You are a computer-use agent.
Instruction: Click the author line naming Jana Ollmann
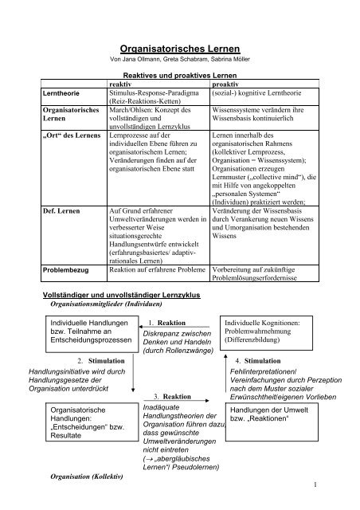tap(179, 61)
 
